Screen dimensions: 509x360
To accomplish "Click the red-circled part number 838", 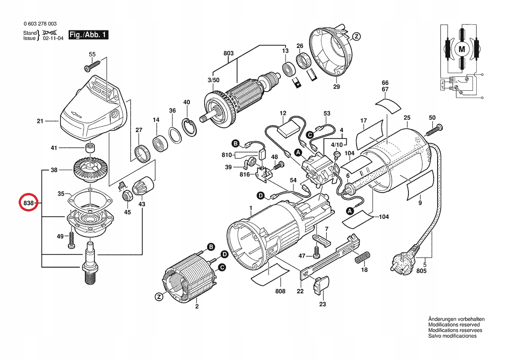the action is click(x=29, y=203).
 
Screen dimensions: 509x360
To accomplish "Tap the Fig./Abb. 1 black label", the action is click(x=88, y=34).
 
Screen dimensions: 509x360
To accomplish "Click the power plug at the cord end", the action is click(x=405, y=258).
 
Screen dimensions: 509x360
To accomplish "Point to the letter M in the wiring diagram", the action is click(x=462, y=49).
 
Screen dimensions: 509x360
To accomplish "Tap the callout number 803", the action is click(x=229, y=53).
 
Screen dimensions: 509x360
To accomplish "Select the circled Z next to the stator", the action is click(x=159, y=297).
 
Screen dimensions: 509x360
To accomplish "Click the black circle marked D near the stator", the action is click(x=224, y=255).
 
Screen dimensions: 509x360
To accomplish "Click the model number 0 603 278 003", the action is click(x=40, y=24).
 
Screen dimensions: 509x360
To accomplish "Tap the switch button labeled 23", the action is click(x=321, y=285).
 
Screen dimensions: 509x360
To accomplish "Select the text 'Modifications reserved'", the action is click(x=454, y=325).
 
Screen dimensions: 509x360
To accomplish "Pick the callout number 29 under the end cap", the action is click(x=337, y=86).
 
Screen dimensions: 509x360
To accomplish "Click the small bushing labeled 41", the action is click(x=91, y=147).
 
